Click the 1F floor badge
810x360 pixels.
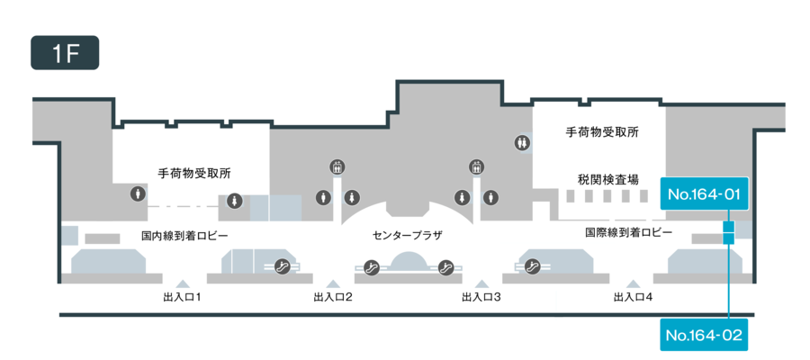click(x=65, y=53)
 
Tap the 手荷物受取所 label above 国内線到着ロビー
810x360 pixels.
click(x=200, y=173)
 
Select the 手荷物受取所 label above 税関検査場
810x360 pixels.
click(x=602, y=131)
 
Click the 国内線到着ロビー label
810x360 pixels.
click(x=184, y=235)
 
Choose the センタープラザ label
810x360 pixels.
click(x=408, y=235)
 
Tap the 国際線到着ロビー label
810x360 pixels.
click(x=628, y=231)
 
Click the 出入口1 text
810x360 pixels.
click(x=181, y=296)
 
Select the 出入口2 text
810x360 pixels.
click(x=332, y=296)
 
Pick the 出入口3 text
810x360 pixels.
click(x=481, y=296)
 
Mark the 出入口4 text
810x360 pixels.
click(x=632, y=296)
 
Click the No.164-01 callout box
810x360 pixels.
click(x=705, y=193)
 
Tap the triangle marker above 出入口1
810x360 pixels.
click(x=181, y=283)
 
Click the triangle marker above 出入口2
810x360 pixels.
click(x=332, y=283)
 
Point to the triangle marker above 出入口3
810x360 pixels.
click(x=481, y=283)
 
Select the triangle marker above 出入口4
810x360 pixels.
click(x=632, y=283)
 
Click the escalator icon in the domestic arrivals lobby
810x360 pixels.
click(x=282, y=266)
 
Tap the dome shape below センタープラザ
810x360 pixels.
click(x=408, y=262)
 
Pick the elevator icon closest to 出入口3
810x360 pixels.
click(x=476, y=166)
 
